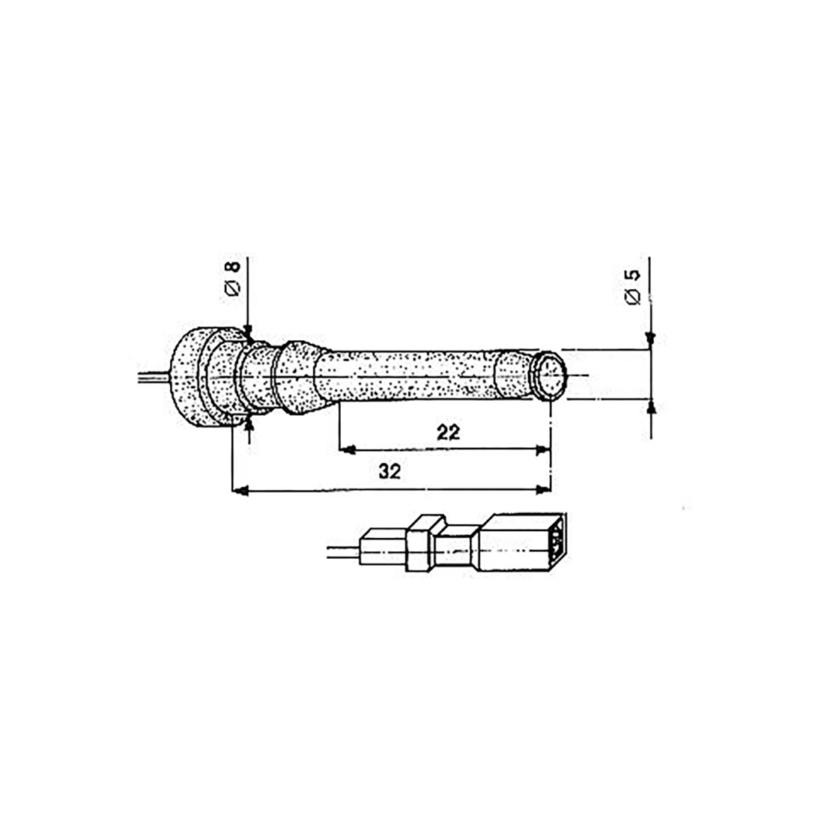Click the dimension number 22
pyautogui.click(x=448, y=432)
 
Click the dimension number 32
pyautogui.click(x=390, y=471)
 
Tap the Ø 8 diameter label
pyautogui.click(x=232, y=278)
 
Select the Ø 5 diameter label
pyautogui.click(x=633, y=287)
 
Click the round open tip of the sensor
pyautogui.click(x=549, y=375)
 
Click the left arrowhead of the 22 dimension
pyautogui.click(x=348, y=449)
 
